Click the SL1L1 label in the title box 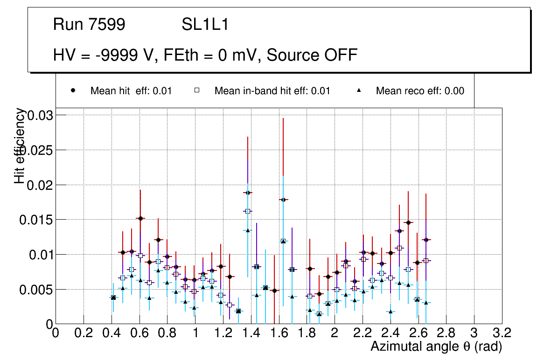pos(205,25)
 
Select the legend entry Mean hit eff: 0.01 pos(131,91)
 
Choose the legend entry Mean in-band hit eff pos(272,91)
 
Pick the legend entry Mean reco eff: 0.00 pos(420,91)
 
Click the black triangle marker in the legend pos(359,90)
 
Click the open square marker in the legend pos(197,90)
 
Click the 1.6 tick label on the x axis pos(279,334)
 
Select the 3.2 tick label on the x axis pos(502,334)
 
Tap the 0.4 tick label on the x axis pos(111,334)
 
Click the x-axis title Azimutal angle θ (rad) pos(436,346)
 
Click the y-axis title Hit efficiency pos(20,145)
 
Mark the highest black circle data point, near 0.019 pos(247,193)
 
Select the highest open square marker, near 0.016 pos(247,211)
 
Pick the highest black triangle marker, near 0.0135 pos(248,230)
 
